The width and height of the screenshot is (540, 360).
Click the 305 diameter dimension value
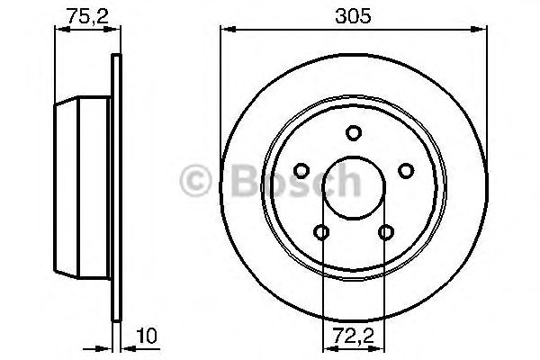click(354, 16)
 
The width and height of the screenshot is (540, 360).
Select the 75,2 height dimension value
click(85, 14)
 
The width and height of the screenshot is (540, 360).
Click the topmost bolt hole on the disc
click(355, 134)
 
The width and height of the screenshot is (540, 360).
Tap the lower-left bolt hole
click(322, 234)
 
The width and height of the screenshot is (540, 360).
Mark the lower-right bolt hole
click(387, 234)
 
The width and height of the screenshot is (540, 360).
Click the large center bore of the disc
click(355, 189)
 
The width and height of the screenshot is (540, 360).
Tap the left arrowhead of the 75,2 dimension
click(58, 30)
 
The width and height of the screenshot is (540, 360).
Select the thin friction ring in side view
click(115, 189)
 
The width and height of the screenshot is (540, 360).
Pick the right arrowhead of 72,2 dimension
click(383, 346)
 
